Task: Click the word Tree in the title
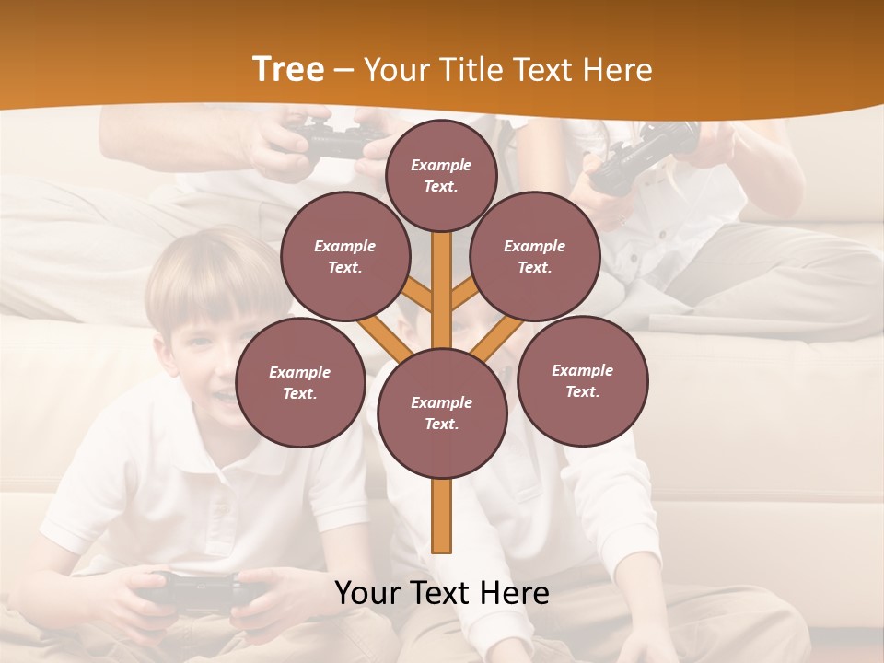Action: click(287, 70)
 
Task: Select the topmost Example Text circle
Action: click(441, 175)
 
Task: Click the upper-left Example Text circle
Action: click(344, 256)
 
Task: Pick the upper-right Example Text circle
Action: click(535, 256)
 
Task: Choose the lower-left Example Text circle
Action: click(300, 382)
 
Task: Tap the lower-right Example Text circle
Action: click(582, 380)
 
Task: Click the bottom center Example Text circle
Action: click(442, 413)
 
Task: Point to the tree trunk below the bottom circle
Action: click(442, 516)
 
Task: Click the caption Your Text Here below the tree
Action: click(442, 593)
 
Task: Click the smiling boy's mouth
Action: click(221, 396)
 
